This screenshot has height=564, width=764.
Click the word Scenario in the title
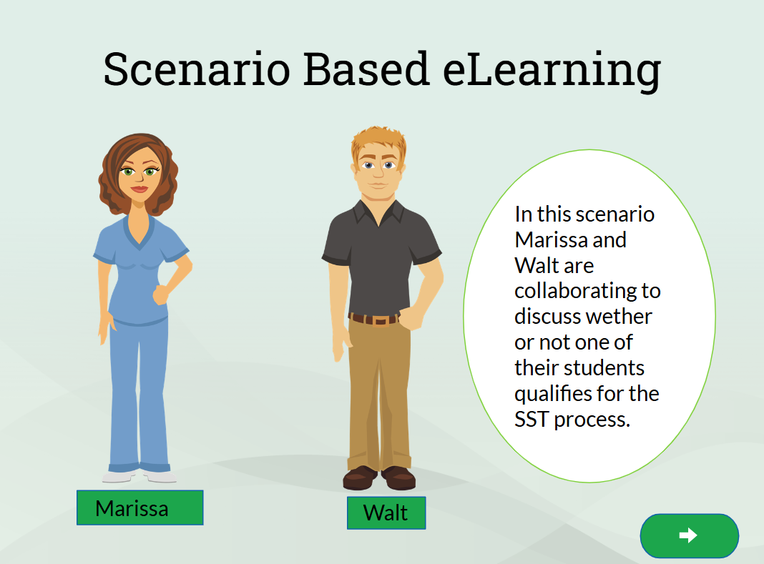197,69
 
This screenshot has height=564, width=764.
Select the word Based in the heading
366,69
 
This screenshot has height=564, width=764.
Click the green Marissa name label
139,508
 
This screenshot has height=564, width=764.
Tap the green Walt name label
386,513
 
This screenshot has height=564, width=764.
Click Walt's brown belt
374,320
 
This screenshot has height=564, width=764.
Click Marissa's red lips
139,189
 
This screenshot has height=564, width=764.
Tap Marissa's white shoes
139,476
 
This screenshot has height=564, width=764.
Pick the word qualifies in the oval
552,395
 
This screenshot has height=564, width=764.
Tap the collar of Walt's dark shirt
378,212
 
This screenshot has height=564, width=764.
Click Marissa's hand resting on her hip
161,295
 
